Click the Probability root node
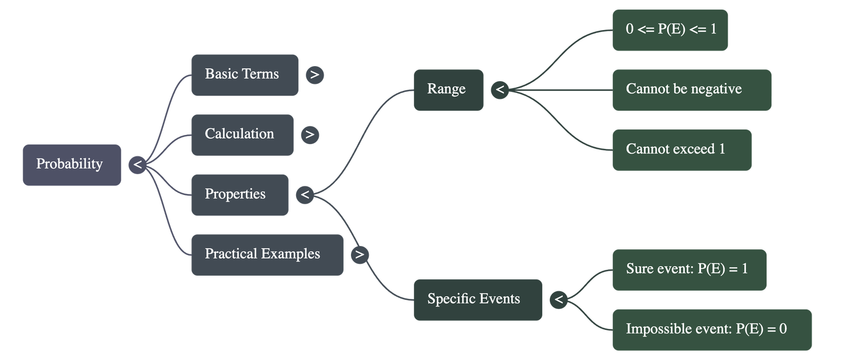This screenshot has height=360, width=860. coord(71,164)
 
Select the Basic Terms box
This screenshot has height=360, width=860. coord(245,75)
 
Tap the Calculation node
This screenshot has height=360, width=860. coord(242,134)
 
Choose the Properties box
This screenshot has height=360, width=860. coord(239,195)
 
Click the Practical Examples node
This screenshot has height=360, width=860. coord(267,255)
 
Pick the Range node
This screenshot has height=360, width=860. coord(448,90)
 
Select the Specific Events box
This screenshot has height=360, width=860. coord(477,299)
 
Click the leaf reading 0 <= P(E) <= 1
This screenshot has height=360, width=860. coord(670,30)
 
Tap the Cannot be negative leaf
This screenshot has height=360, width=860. coord(691,90)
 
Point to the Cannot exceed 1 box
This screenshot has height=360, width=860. coord(681,149)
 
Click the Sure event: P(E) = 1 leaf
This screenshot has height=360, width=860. coord(689,269)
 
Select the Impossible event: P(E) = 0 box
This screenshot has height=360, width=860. coord(711,329)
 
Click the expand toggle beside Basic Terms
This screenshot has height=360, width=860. coord(315,75)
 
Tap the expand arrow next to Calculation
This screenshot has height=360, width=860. coord(310,134)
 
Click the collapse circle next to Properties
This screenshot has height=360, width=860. coord(305,195)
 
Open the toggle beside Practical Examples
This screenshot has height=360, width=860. coord(360,255)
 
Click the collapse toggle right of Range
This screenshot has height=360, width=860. coord(500,90)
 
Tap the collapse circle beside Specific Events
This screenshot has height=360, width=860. coord(559,299)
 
